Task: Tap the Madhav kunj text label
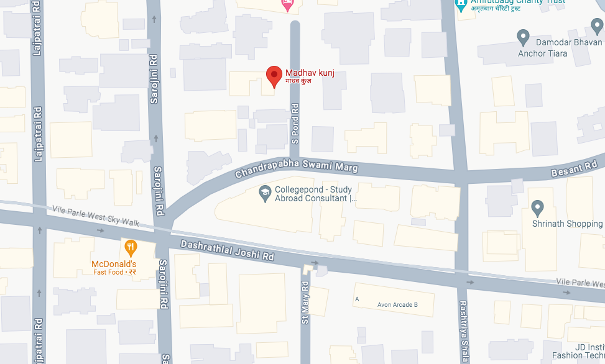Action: (310, 73)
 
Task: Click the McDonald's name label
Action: (114, 264)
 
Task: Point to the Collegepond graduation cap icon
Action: (265, 193)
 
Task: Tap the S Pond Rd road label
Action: (295, 124)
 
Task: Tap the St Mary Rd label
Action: (305, 303)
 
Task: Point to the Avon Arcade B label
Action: (397, 304)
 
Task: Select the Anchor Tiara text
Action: (542, 53)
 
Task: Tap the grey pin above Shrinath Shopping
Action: (538, 207)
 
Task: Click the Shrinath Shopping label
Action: (568, 224)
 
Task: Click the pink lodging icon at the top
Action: (287, 6)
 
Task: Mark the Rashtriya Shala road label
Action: (463, 329)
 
